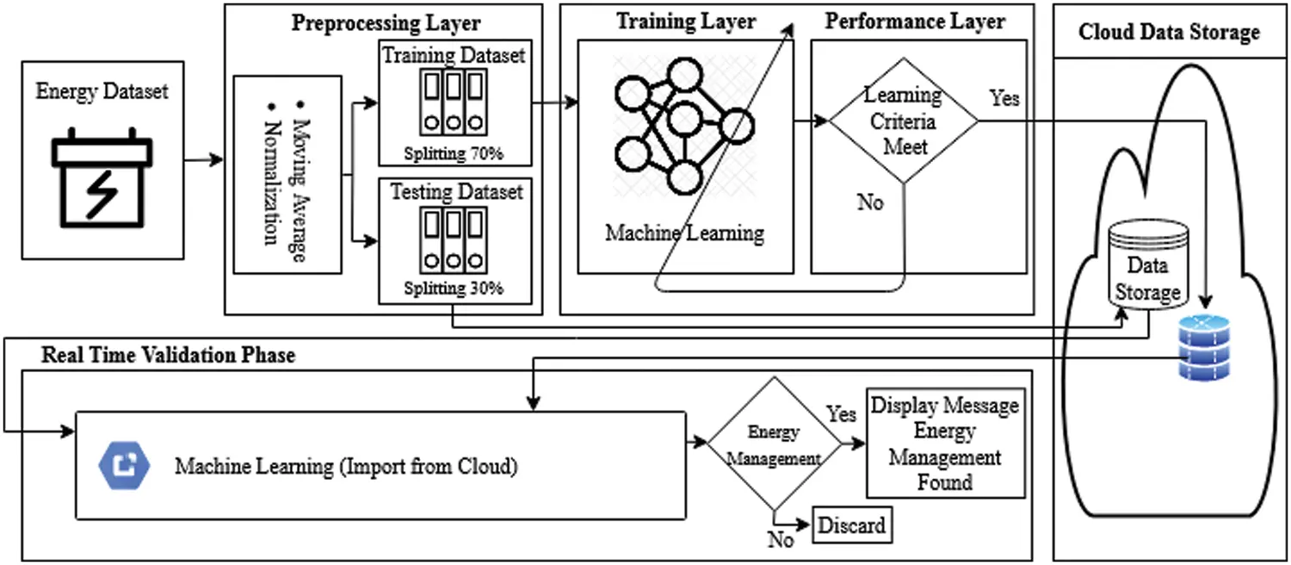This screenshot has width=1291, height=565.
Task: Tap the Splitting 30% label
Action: [x=454, y=289]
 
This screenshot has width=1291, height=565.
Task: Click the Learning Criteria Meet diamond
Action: [x=903, y=121]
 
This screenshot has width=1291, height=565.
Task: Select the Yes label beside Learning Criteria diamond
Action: [x=1004, y=97]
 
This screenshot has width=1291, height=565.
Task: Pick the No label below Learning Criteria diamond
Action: [x=870, y=203]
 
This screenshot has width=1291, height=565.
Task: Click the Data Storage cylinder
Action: [x=1147, y=267]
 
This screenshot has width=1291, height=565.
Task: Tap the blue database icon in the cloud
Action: [x=1204, y=348]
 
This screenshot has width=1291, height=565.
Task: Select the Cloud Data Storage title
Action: [x=1169, y=33]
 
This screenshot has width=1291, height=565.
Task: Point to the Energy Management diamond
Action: [x=773, y=444]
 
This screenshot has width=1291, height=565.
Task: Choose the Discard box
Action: [x=850, y=525]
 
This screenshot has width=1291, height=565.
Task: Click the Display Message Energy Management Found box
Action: [x=944, y=444]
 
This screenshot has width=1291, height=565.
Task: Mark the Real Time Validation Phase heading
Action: [x=168, y=355]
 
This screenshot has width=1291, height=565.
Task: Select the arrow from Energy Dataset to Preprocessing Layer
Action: [x=203, y=160]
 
